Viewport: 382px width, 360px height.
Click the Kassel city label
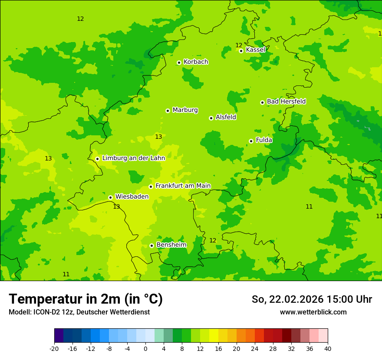tap(255, 50)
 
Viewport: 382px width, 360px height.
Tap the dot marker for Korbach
tap(179, 62)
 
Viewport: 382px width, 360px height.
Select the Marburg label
tap(185, 110)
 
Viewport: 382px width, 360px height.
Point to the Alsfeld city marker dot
tap(211, 118)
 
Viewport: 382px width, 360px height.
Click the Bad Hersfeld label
tap(286, 101)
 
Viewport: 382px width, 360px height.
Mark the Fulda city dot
tap(251, 141)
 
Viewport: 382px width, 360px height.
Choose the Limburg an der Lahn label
tap(133, 158)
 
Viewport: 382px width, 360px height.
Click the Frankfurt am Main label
tap(183, 186)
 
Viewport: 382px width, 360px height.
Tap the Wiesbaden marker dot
tap(110, 197)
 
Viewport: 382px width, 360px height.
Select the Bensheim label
tap(171, 245)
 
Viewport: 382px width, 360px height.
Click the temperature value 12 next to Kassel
tap(239, 45)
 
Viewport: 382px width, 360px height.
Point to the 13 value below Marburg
tap(158, 137)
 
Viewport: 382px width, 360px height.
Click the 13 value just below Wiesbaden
tap(116, 206)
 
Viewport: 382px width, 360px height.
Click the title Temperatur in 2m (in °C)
tap(86, 299)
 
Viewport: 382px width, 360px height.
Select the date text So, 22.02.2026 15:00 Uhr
tap(312, 300)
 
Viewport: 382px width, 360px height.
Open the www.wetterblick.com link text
tap(313, 312)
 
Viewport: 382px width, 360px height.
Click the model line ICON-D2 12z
tap(79, 312)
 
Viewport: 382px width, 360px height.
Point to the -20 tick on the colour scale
tap(54, 349)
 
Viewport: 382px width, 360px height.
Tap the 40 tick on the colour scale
tap(328, 349)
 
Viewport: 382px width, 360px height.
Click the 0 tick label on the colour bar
tap(145, 349)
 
